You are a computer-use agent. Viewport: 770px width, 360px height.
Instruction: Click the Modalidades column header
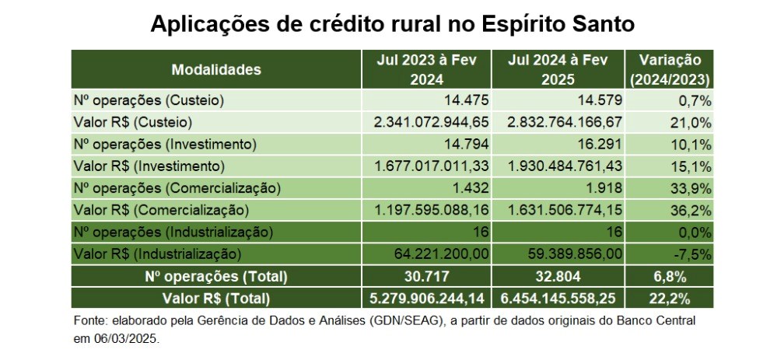pos(216,69)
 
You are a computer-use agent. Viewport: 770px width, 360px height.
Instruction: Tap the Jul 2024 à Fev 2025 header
pos(561,69)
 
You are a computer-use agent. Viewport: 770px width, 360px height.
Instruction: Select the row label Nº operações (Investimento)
pos(165,144)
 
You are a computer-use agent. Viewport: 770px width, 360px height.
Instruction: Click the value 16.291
pos(600,144)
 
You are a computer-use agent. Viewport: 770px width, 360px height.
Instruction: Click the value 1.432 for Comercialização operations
pos(471,187)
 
